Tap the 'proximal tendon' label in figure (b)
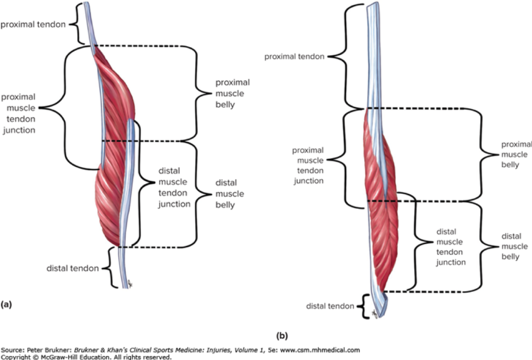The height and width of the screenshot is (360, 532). (294, 57)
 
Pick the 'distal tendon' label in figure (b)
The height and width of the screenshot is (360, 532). (330, 306)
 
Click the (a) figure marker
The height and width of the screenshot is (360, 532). (6, 305)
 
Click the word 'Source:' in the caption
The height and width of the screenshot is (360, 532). (12, 350)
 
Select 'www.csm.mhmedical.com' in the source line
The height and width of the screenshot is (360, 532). (320, 350)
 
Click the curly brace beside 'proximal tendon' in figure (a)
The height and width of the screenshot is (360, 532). (80, 24)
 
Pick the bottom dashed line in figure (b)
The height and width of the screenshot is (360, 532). (428, 292)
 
